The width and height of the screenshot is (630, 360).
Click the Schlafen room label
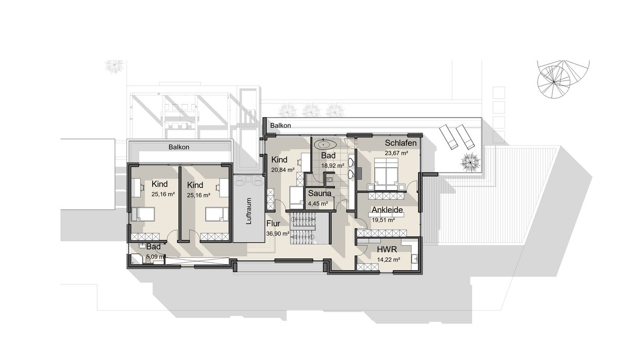coord(401,143)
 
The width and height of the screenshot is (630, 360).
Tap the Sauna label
coord(320,193)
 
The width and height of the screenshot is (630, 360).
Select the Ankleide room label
coord(387,210)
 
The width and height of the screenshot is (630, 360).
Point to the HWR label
coord(387,249)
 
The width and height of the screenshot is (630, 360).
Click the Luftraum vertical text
coord(248,211)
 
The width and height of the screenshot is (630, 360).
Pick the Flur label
coord(273,224)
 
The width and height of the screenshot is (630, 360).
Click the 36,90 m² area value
coord(278,234)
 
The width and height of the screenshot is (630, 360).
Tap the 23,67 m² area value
coord(396,153)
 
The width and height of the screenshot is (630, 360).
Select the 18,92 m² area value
coord(333,166)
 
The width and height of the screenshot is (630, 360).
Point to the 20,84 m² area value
coord(282,170)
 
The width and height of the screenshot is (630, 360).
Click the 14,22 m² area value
coord(388,260)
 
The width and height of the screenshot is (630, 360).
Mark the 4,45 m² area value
coord(318,204)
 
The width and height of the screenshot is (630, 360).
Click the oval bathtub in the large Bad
coord(325,144)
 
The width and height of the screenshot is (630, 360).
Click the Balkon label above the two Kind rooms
coord(179,147)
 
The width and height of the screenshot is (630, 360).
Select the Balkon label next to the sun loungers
coord(280,125)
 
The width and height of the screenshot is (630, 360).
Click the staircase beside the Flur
coord(303,229)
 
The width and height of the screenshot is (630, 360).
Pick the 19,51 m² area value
coord(383,220)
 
